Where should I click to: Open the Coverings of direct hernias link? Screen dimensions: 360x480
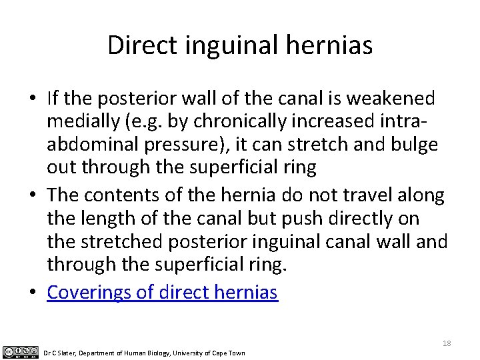coord(162,292)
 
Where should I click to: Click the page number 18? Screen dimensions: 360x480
coord(447,343)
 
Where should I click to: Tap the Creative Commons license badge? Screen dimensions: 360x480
coord(21,352)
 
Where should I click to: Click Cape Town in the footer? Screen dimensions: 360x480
coord(228,353)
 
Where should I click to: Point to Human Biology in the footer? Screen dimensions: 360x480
coord(141,353)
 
